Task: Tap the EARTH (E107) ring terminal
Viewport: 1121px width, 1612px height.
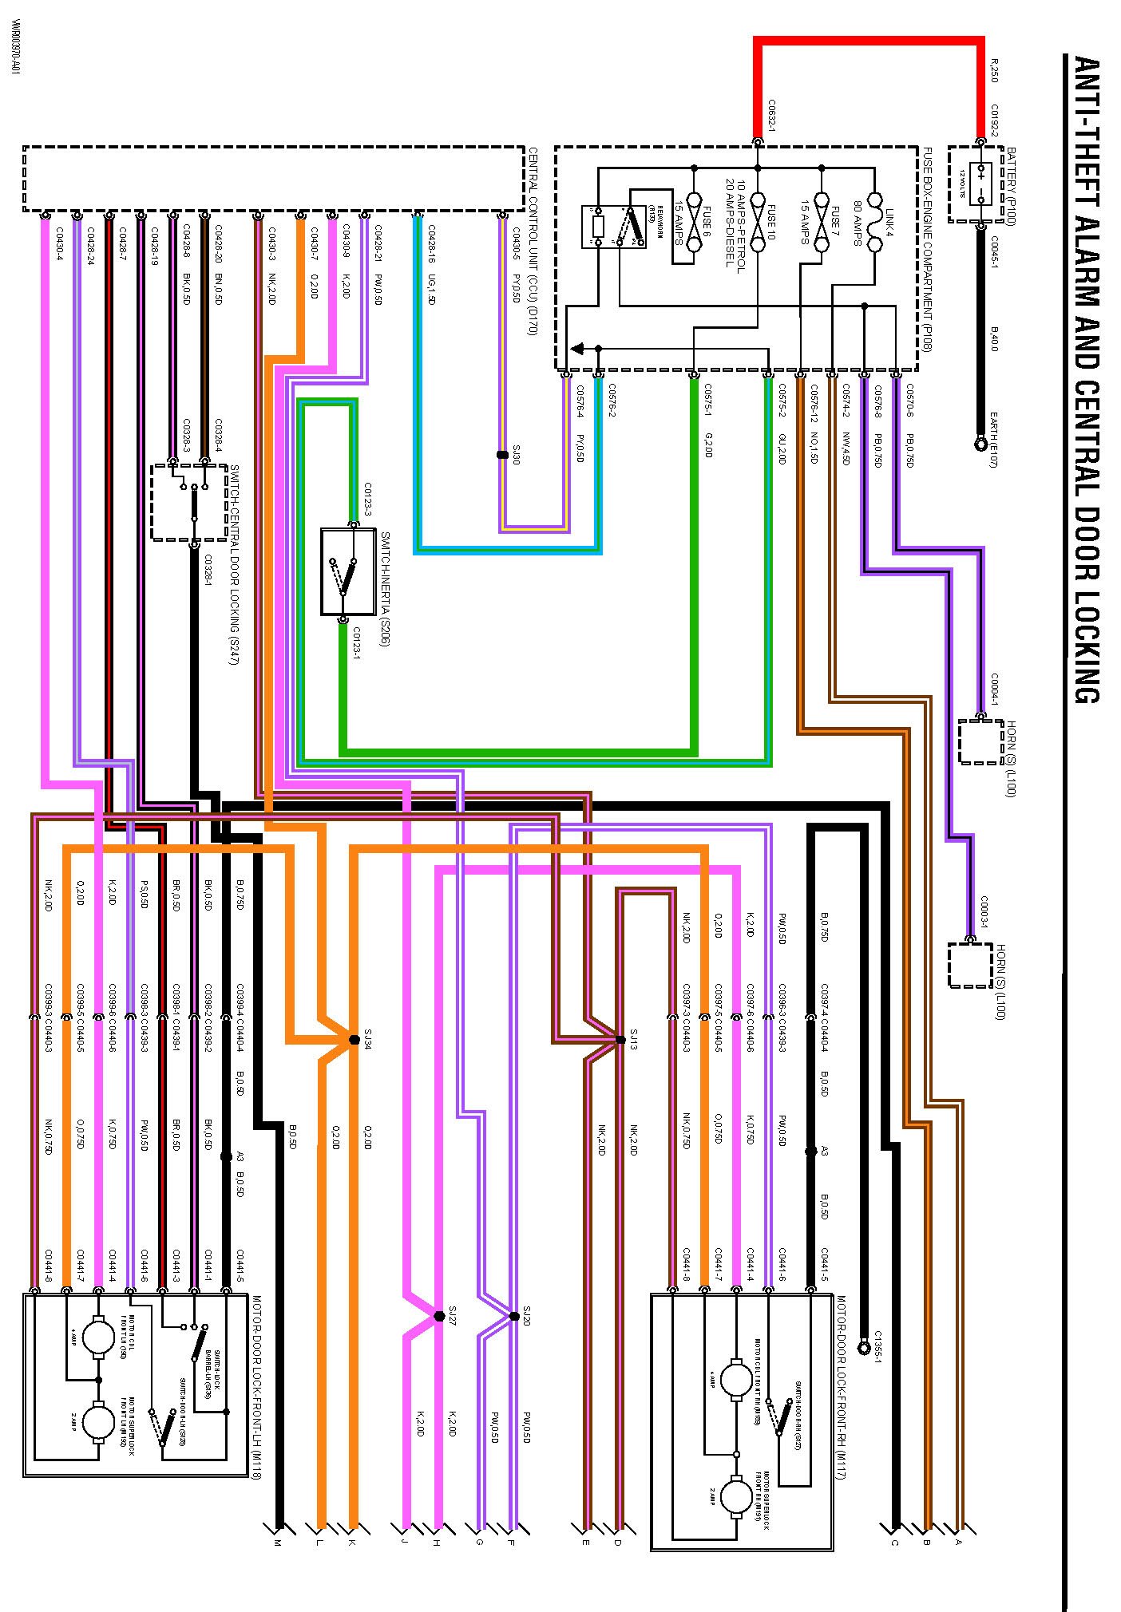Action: coord(981,444)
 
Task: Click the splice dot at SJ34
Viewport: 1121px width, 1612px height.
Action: coord(354,1039)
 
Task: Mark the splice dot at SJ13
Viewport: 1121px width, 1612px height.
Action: coord(620,1039)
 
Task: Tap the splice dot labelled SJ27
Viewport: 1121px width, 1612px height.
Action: coord(438,1316)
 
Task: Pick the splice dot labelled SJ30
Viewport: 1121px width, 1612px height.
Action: coord(502,455)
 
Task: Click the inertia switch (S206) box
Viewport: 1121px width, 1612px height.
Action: coord(347,571)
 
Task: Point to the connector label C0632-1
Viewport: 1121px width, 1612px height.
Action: coord(772,115)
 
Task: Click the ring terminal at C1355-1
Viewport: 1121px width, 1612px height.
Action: coord(863,1347)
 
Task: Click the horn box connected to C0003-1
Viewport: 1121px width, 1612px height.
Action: coord(969,965)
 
